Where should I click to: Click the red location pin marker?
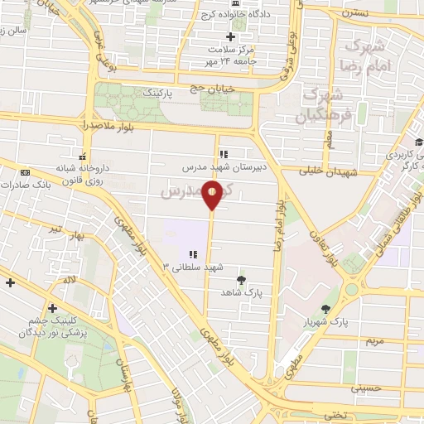213,195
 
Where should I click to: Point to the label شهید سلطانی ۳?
193,267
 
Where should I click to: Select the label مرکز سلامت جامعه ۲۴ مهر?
232,55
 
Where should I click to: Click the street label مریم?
376,340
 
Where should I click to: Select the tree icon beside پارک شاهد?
241,280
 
